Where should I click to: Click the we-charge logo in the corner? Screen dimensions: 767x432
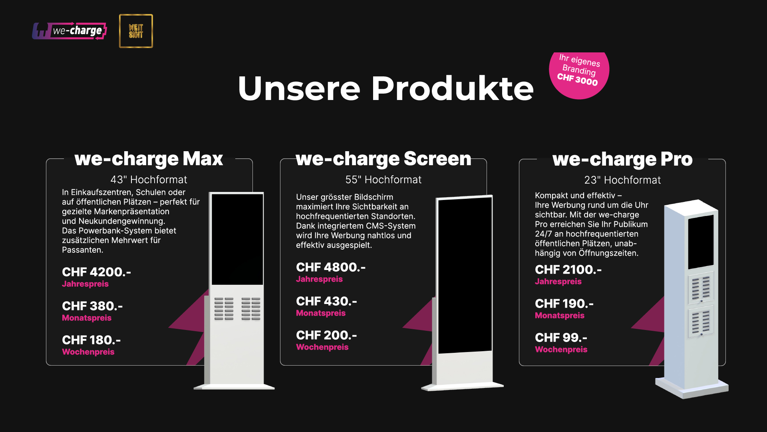[70, 31]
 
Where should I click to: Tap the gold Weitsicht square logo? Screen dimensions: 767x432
[136, 31]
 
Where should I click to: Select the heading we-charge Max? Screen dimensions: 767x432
[149, 159]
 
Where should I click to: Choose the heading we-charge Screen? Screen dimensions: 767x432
[383, 159]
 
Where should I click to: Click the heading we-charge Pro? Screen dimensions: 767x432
[622, 159]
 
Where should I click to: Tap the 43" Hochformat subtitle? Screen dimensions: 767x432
[149, 180]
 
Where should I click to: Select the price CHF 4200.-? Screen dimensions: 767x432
[96, 272]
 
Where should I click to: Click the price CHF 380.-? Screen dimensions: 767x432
[92, 306]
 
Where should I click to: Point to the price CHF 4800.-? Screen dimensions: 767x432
[331, 267]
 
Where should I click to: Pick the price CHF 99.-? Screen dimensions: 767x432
[561, 338]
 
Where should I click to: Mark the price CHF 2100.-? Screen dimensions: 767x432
[568, 270]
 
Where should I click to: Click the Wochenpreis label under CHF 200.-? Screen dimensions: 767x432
[322, 347]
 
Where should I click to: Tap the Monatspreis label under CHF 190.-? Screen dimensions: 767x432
[559, 316]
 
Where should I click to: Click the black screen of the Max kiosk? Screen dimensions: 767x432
[237, 239]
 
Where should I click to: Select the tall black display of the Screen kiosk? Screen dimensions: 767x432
[465, 275]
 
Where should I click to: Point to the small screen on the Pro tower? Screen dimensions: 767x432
[701, 242]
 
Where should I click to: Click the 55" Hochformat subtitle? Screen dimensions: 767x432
[383, 180]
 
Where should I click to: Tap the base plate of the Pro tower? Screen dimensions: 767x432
[691, 388]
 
